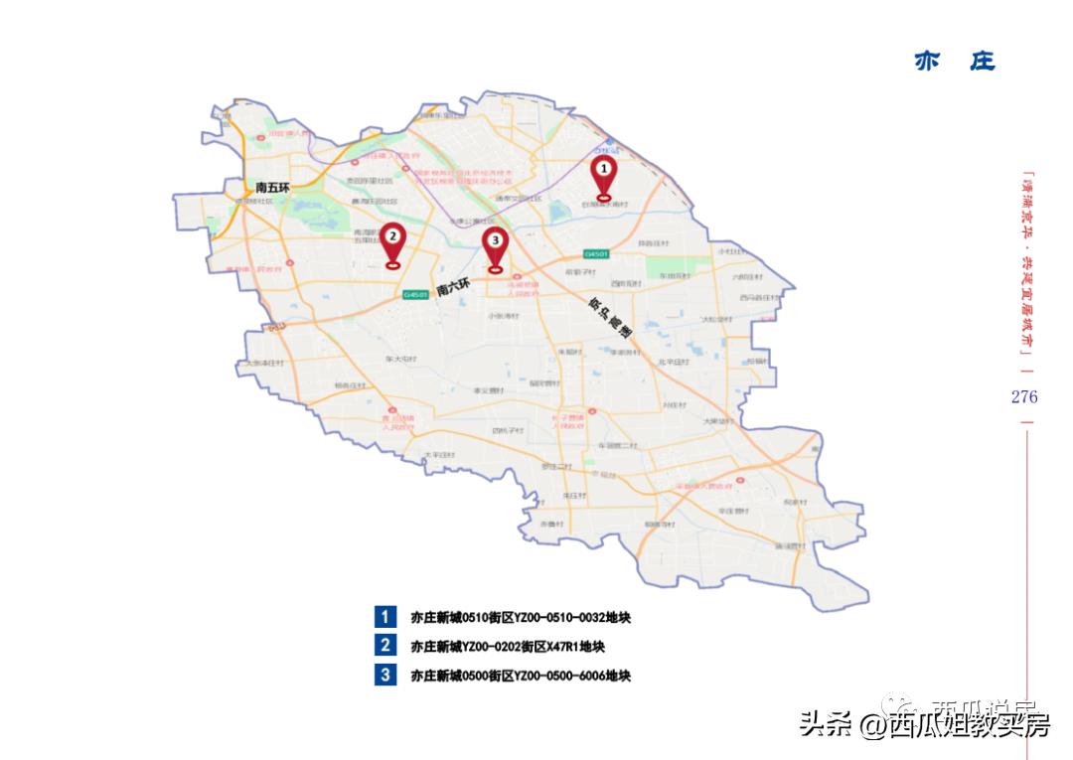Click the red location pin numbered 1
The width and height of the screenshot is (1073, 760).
(602, 174)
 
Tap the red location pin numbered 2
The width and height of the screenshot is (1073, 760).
(392, 239)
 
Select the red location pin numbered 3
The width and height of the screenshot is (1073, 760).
(495, 244)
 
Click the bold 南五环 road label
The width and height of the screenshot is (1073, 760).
(271, 187)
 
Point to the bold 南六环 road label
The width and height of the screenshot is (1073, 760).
(452, 287)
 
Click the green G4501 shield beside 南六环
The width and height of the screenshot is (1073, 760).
(415, 294)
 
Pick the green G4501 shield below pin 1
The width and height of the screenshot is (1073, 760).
(595, 254)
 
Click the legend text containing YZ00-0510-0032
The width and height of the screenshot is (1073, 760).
(521, 618)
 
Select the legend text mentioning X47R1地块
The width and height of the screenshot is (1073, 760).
(508, 647)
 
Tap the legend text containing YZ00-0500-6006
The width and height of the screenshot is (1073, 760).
(521, 677)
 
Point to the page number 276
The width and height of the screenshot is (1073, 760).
(1024, 397)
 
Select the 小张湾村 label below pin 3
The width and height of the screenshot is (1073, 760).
(504, 316)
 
